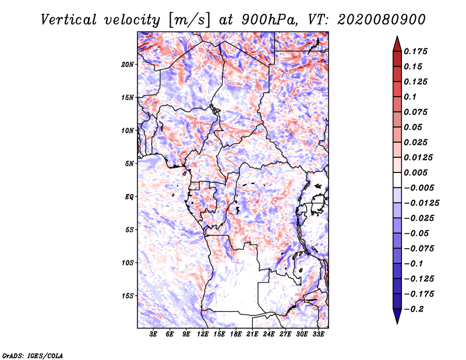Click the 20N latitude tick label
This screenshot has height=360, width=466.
coord(128,64)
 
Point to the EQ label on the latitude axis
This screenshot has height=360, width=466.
coord(129,197)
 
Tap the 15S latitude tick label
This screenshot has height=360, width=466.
coord(128,296)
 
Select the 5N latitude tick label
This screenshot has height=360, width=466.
coord(129,164)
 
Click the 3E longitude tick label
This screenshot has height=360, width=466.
coord(154,335)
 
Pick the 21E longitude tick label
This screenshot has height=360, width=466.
coord(252,335)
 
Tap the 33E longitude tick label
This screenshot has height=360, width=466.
coord(318,335)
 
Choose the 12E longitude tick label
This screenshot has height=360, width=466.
coord(203,335)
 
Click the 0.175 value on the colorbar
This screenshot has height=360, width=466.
coord(416,51)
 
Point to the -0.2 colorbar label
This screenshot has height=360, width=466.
coord(413,309)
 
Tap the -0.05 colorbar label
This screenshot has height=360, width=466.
coord(415,233)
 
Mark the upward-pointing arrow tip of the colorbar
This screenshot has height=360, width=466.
coord(396,38)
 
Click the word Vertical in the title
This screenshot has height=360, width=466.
coord(69,19)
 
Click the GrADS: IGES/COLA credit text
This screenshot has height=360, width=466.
coord(33,355)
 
